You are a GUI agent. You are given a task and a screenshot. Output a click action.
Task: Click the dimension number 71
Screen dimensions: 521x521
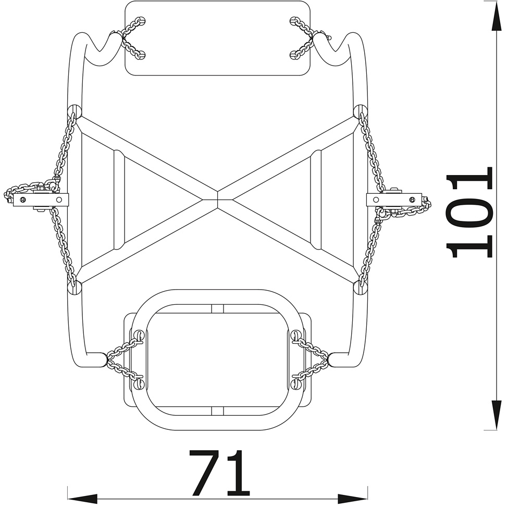pos(219,473)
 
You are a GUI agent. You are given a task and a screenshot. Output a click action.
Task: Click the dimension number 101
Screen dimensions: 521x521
pos(469,213)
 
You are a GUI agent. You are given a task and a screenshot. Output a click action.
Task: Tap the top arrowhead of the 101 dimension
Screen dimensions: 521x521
pos(497,18)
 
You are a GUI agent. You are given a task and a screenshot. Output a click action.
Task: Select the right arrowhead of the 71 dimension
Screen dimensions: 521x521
pos(353,499)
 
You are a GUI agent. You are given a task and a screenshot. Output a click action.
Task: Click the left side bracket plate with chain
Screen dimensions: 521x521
pos(41,200)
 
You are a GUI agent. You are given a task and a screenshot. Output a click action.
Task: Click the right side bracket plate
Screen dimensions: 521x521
pos(394,200)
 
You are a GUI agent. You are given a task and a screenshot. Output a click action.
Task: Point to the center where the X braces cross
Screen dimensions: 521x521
pos(217,200)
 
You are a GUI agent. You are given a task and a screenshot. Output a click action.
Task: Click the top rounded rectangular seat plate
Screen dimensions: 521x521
pos(217,38)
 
